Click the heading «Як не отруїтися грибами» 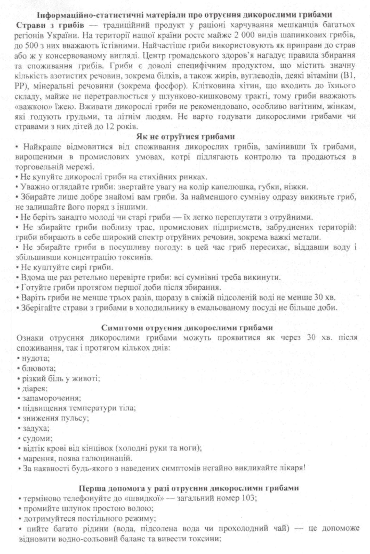coord(185,136)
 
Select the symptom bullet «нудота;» coord(36,358)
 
